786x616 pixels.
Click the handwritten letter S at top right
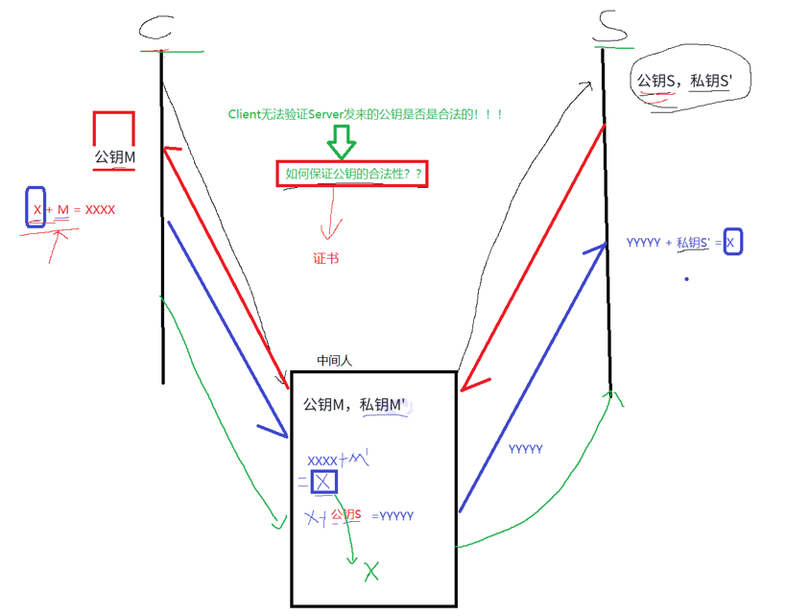[x=607, y=28]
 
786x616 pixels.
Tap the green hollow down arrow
[x=341, y=142]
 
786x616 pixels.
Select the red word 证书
[x=325, y=258]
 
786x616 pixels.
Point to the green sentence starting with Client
[x=366, y=113]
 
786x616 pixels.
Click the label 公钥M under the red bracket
[x=113, y=157]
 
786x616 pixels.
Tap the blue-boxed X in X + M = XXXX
[x=36, y=208]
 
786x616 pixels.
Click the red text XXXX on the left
[x=101, y=208]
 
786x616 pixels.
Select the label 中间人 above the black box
[x=335, y=361]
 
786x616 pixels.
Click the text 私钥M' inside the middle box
[x=384, y=405]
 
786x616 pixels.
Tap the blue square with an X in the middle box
[x=323, y=482]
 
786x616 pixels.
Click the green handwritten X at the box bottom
[x=370, y=572]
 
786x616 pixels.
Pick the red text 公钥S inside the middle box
[x=345, y=515]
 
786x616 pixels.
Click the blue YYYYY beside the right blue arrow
[x=526, y=449]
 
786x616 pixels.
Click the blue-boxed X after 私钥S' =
[x=730, y=243]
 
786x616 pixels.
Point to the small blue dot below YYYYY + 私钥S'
[x=686, y=279]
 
